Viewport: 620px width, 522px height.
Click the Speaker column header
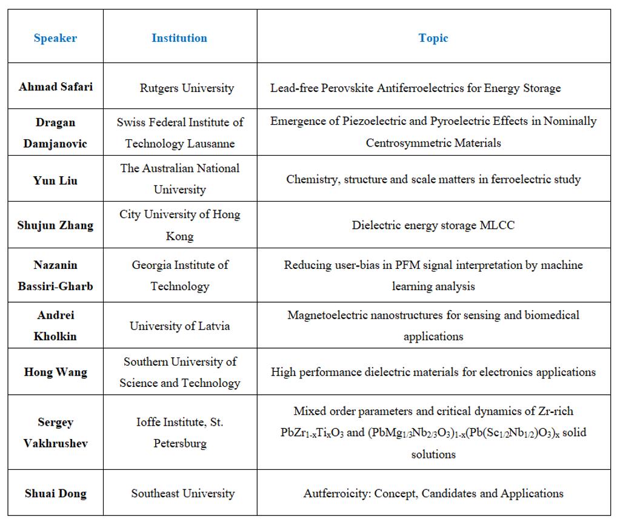pos(55,38)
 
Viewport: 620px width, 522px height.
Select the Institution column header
pos(179,38)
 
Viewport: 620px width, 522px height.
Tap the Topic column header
pos(433,38)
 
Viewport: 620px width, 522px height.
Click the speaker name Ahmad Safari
pos(56,86)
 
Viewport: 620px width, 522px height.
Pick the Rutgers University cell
pos(187,88)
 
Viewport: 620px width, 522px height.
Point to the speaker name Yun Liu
pos(55,180)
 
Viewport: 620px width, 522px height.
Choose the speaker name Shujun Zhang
pos(55,225)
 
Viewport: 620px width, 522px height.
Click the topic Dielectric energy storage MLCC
pos(433,225)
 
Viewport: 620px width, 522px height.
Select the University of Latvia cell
pos(180,326)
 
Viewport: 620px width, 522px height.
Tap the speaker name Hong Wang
pos(55,372)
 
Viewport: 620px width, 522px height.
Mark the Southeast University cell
pos(183,493)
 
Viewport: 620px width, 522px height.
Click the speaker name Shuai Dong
pos(55,493)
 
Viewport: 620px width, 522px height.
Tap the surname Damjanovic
pos(55,144)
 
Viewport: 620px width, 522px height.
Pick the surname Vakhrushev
pos(55,443)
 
